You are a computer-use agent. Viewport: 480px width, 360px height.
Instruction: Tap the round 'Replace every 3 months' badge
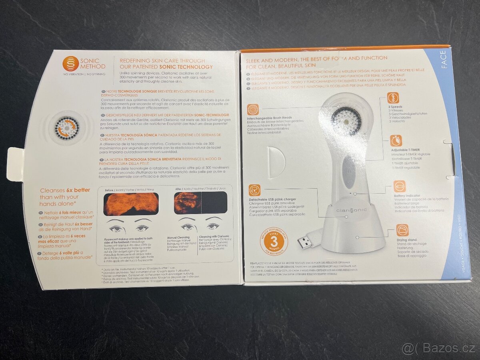coord(274,240)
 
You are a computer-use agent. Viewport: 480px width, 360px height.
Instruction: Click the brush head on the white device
coord(346,120)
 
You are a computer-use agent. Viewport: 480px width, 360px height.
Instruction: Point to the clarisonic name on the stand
coord(346,210)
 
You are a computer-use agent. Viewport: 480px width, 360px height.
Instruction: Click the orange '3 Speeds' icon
coord(393,98)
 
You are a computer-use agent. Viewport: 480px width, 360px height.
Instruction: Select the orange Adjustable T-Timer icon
coord(396,141)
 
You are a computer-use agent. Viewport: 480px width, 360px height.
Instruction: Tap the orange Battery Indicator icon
coord(399,186)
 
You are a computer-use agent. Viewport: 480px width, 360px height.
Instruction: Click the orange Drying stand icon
coord(402,230)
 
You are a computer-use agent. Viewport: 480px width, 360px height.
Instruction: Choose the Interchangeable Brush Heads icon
coord(253,110)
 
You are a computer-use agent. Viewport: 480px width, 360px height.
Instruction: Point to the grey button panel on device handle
coord(349,170)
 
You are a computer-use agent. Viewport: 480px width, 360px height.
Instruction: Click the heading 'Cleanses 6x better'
coord(64,191)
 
